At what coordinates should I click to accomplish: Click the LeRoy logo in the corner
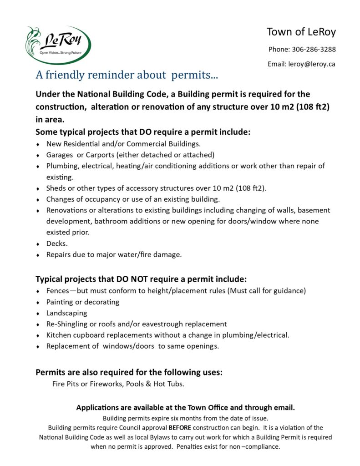pyautogui.click(x=58, y=45)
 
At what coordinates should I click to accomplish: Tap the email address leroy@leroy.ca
pyautogui.click(x=311, y=64)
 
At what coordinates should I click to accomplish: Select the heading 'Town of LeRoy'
pyautogui.click(x=301, y=32)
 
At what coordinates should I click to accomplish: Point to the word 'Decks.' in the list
pyautogui.click(x=57, y=243)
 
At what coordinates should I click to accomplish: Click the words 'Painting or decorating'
pyautogui.click(x=82, y=302)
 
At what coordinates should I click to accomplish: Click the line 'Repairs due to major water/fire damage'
pyautogui.click(x=114, y=254)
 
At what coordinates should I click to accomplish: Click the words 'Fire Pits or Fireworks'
pyautogui.click(x=86, y=384)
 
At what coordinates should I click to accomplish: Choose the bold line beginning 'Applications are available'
pyautogui.click(x=185, y=407)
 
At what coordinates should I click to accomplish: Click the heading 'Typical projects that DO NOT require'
pyautogui.click(x=141, y=279)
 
